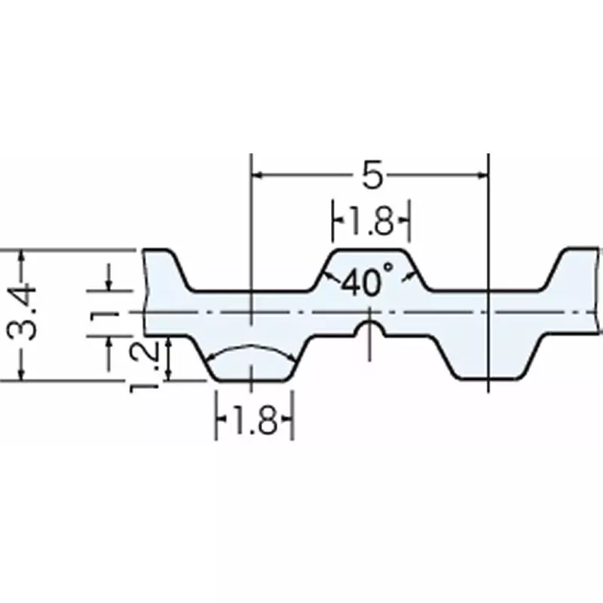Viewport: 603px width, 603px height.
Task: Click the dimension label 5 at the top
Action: pyautogui.click(x=370, y=176)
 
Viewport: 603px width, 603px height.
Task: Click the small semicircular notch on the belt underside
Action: pyautogui.click(x=369, y=328)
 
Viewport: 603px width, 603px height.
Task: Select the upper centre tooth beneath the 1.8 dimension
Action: pyautogui.click(x=370, y=268)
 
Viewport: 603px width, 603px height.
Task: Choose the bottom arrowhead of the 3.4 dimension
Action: pyautogui.click(x=22, y=375)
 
